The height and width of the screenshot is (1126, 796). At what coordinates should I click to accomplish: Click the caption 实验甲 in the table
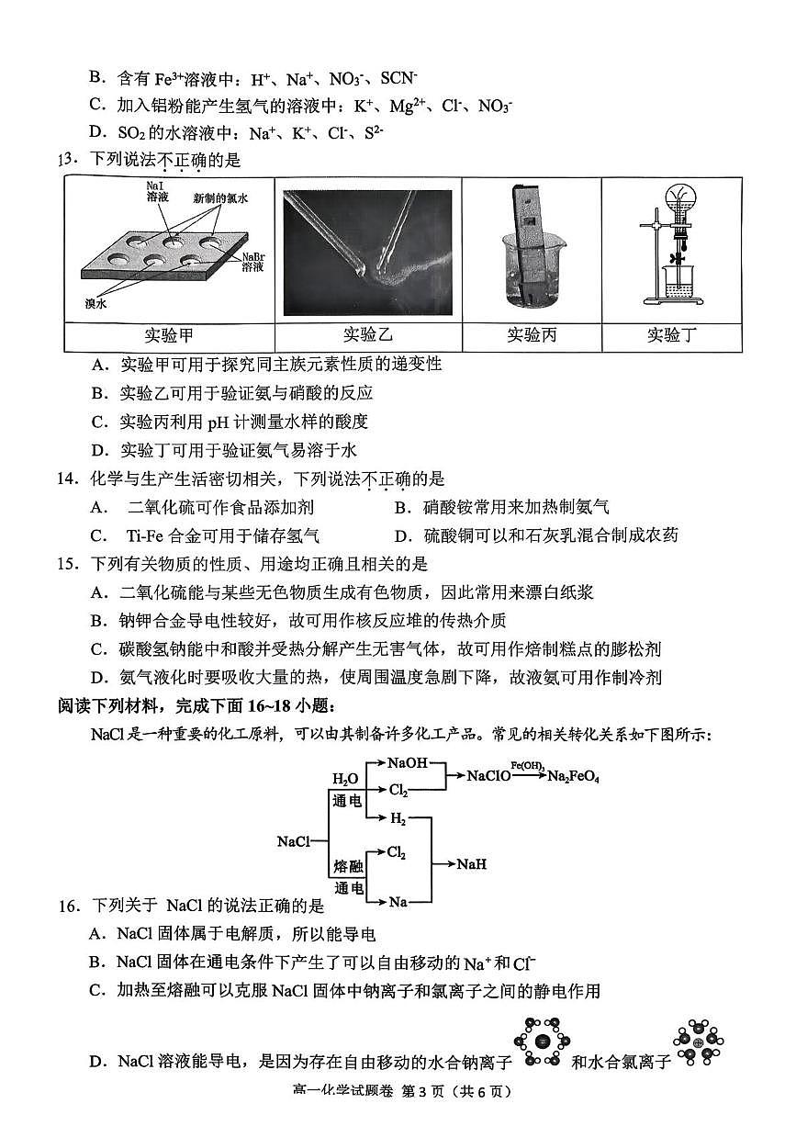click(169, 335)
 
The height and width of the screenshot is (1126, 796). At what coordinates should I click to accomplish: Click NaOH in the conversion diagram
click(407, 762)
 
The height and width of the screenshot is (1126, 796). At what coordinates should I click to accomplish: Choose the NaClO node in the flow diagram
click(489, 776)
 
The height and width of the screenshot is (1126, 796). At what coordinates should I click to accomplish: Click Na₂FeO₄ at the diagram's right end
click(574, 776)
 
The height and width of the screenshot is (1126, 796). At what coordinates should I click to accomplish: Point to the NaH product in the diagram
click(471, 864)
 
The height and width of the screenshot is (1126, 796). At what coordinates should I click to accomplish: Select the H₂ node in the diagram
click(398, 817)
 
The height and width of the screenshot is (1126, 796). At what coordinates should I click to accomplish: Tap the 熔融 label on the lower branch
click(345, 866)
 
